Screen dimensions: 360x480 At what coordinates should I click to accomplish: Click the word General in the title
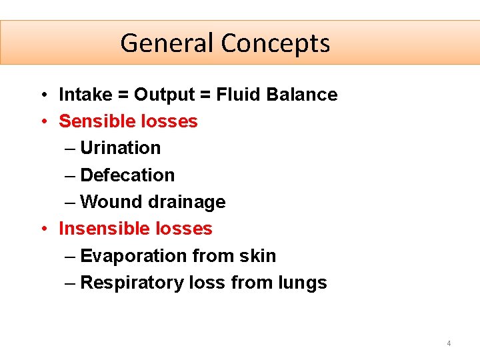pos(167,43)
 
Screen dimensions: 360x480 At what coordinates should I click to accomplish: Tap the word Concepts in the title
pos(275,43)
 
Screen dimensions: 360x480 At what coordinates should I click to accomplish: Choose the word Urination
pos(120,148)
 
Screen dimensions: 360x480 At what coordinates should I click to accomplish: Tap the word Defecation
pos(127,175)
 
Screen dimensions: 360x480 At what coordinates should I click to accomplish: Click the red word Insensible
pos(102,229)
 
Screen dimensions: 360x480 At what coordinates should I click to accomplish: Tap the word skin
pos(260,256)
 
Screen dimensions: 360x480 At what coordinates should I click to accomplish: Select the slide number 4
pos(449,343)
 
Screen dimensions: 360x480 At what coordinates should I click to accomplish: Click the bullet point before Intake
pos(42,95)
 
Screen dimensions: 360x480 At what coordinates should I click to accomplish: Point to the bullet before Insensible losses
pos(42,229)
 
